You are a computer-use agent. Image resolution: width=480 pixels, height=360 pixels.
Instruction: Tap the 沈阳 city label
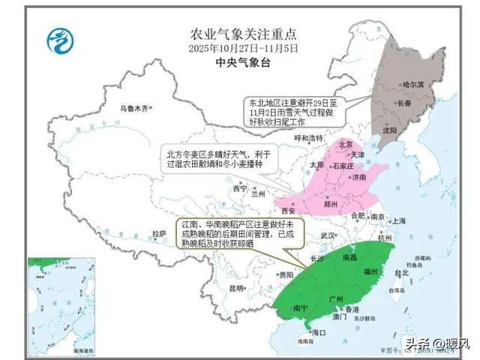pos(390,129)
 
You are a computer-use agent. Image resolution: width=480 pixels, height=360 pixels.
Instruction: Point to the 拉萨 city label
pos(158,234)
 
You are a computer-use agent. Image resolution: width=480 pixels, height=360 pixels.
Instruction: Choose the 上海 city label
pos(398,221)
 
